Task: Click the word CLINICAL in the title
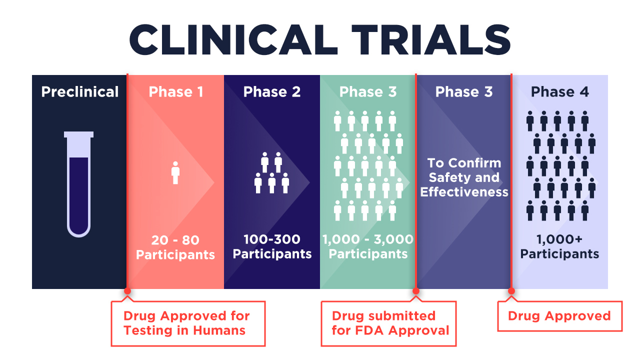[x=233, y=39]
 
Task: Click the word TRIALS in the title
[x=431, y=39]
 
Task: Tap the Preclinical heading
[x=79, y=91]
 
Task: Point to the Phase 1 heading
[x=176, y=91]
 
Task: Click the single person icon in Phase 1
[x=175, y=173]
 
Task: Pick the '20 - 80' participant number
[x=175, y=240]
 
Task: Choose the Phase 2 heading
[x=272, y=91]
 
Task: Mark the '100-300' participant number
[x=272, y=239]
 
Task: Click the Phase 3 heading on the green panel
[x=368, y=91]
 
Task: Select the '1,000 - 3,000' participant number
[x=368, y=239]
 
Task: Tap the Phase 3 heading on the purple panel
[x=464, y=91]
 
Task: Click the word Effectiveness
[x=464, y=192]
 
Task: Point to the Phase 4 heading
[x=560, y=91]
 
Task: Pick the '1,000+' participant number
[x=559, y=239]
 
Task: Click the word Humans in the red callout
[x=219, y=330]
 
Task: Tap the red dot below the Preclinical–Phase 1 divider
[x=127, y=291]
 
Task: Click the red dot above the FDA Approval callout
[x=416, y=291]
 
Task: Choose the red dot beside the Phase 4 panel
[x=511, y=291]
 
